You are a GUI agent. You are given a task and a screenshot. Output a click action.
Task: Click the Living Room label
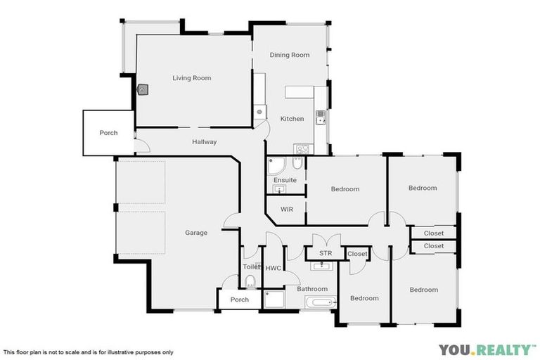coord(192,78)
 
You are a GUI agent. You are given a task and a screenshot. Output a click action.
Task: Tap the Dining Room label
coord(290,55)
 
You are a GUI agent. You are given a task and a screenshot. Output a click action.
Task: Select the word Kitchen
coord(292,119)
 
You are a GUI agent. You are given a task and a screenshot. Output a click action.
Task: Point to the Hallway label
coord(204,142)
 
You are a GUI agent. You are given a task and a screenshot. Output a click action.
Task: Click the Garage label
coord(196,233)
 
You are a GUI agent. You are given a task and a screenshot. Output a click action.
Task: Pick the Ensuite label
coord(285,180)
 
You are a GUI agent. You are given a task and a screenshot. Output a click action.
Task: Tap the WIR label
coord(287,210)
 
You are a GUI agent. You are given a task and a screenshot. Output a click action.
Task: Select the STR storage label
coord(325,253)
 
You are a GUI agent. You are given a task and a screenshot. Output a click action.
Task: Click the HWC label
coord(273,268)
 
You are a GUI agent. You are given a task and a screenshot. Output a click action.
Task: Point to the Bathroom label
coord(312,289)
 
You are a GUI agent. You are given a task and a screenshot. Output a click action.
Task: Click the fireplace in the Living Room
coord(143,90)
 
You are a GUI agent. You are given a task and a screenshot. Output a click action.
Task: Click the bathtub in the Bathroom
coord(321,302)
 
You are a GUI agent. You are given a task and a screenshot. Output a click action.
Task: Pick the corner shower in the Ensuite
coord(276,166)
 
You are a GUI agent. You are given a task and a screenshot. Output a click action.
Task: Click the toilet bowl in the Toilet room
coord(250,283)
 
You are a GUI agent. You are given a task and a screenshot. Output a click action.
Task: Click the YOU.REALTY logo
coord(487,349)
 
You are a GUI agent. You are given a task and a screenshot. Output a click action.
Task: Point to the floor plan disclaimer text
coord(88,352)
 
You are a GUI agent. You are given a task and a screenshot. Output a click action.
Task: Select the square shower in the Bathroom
coord(273,300)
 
